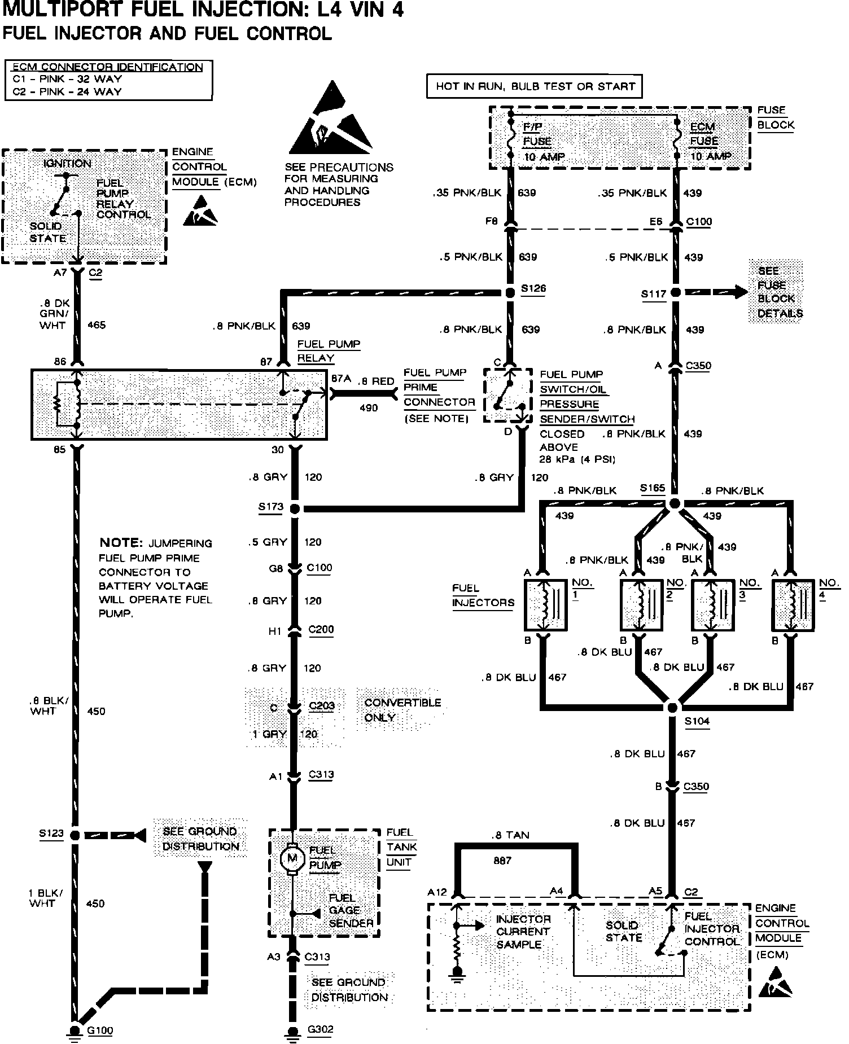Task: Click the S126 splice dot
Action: (510, 293)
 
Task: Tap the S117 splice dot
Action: (675, 293)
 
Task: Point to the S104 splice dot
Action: (672, 708)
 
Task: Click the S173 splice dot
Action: (295, 508)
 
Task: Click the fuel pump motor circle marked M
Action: (292, 859)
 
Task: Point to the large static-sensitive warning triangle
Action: (330, 121)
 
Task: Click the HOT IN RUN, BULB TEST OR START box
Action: (535, 87)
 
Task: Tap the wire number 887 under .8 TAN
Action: (502, 861)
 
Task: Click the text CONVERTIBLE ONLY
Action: (402, 710)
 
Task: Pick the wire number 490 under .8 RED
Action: (368, 408)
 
